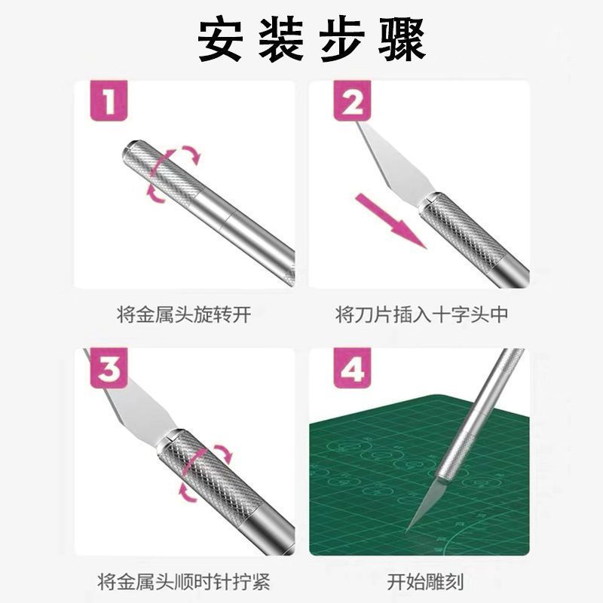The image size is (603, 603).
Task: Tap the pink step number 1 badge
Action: [109, 101]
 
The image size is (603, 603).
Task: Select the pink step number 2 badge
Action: [352, 101]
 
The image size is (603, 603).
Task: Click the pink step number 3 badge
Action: [109, 369]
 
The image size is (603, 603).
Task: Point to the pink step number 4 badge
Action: [352, 369]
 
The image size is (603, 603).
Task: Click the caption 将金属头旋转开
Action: [184, 314]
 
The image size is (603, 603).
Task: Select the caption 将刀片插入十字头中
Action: [422, 314]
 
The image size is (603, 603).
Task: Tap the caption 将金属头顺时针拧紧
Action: [184, 581]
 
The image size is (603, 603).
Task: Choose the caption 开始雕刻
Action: [425, 581]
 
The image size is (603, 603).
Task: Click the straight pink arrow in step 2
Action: [390, 221]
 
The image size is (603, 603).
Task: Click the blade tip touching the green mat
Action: [406, 532]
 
